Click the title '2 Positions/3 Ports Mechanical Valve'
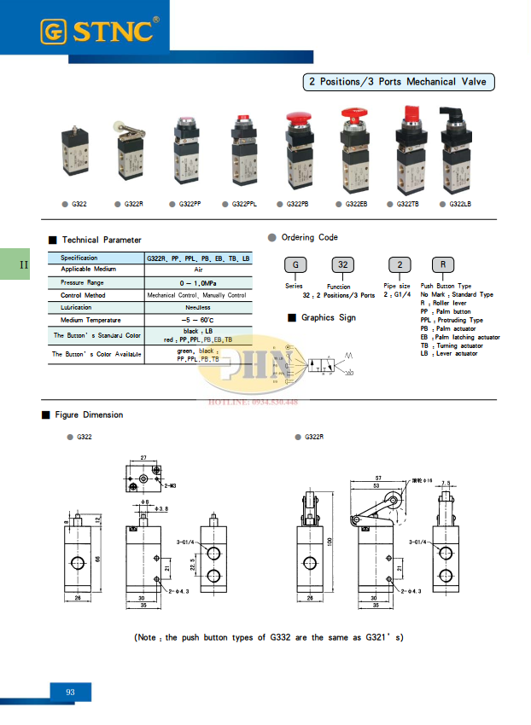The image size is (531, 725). click(399, 83)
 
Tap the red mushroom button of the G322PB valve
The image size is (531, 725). click(298, 119)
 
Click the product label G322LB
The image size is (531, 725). click(460, 204)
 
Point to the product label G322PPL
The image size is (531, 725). click(243, 204)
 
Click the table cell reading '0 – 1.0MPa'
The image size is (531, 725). click(197, 281)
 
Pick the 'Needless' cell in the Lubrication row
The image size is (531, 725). click(197, 307)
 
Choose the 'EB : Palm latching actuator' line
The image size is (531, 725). click(460, 337)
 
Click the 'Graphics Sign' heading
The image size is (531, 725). click(328, 317)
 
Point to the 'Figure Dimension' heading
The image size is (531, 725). click(88, 415)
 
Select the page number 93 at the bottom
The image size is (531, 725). click(70, 692)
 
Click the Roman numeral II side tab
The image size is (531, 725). click(24, 264)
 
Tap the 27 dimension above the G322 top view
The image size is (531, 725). click(143, 458)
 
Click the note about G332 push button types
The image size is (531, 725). click(268, 637)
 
